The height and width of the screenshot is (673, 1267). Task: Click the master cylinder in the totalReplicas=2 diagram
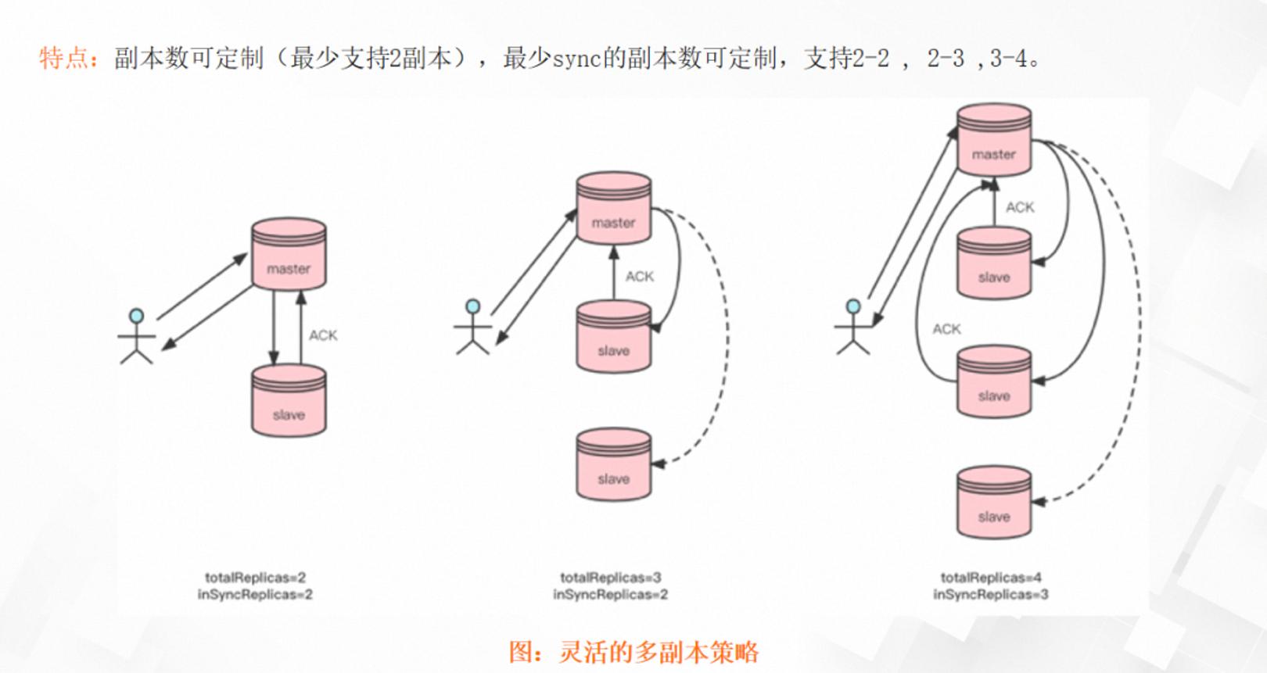[289, 254]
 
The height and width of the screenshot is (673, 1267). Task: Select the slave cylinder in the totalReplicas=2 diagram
[289, 401]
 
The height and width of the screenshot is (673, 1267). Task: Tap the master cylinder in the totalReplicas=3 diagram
[614, 209]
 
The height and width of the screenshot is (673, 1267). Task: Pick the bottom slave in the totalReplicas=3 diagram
[614, 464]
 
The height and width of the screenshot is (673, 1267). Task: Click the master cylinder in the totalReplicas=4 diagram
[994, 140]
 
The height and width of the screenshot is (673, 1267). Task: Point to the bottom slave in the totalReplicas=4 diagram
[994, 503]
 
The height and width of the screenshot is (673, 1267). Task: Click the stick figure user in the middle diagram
[473, 328]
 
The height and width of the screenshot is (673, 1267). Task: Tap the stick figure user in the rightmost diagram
[853, 328]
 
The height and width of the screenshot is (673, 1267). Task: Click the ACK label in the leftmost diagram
[323, 335]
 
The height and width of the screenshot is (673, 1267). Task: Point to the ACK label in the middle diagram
[640, 277]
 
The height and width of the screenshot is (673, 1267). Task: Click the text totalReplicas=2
[255, 578]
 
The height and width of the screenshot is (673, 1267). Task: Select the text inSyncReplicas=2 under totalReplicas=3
[610, 595]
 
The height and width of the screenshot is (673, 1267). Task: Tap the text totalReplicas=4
[991, 578]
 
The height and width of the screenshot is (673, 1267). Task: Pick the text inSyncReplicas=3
[991, 595]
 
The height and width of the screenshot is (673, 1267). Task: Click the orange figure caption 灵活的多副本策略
[659, 652]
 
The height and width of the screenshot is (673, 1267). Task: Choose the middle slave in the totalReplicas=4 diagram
[994, 381]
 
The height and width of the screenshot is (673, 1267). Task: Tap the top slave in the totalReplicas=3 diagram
[614, 336]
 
